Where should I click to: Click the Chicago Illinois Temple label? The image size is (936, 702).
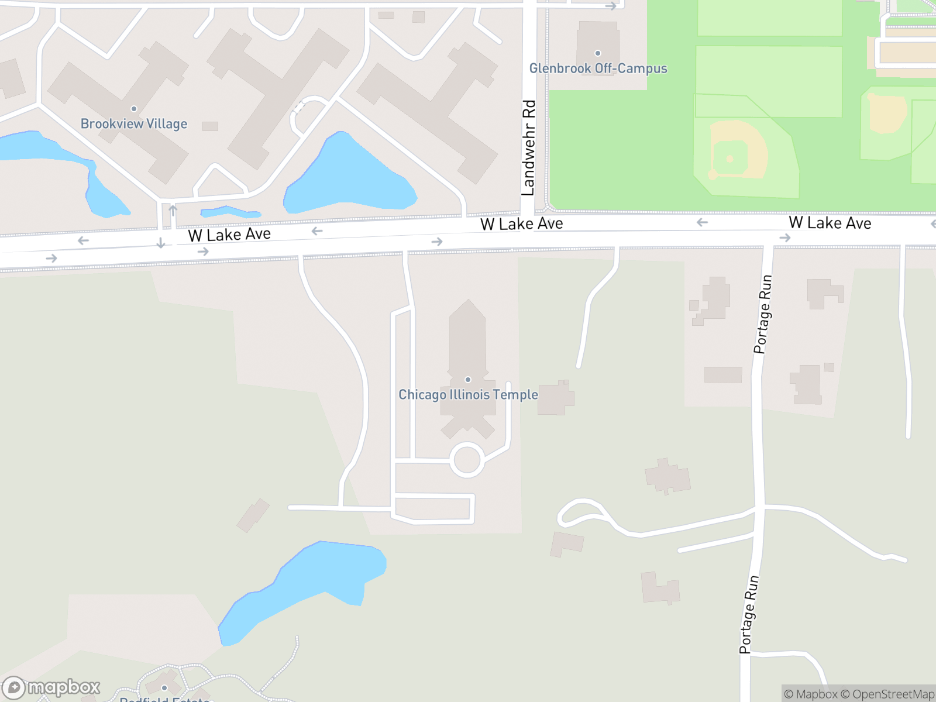tap(468, 395)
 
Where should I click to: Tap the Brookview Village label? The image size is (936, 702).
tap(134, 124)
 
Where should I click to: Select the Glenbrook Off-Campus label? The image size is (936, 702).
tap(598, 68)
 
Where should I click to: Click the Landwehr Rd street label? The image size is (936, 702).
tap(528, 148)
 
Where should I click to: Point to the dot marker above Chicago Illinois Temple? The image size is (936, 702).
tap(468, 380)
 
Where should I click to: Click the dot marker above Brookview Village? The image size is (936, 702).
tap(134, 109)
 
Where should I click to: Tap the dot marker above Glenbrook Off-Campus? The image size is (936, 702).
tap(598, 53)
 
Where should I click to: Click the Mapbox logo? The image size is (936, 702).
tap(51, 687)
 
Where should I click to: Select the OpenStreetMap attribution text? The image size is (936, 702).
tap(893, 694)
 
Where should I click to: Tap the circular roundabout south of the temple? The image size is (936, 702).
tap(467, 460)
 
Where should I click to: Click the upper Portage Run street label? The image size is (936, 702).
tap(762, 315)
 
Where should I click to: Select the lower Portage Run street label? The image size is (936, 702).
tap(749, 614)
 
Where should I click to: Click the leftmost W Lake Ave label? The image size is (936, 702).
tap(229, 235)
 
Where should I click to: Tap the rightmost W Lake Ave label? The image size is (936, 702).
tap(830, 223)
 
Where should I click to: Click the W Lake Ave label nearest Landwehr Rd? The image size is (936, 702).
tap(521, 224)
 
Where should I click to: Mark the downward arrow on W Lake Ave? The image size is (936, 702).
tap(161, 243)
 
